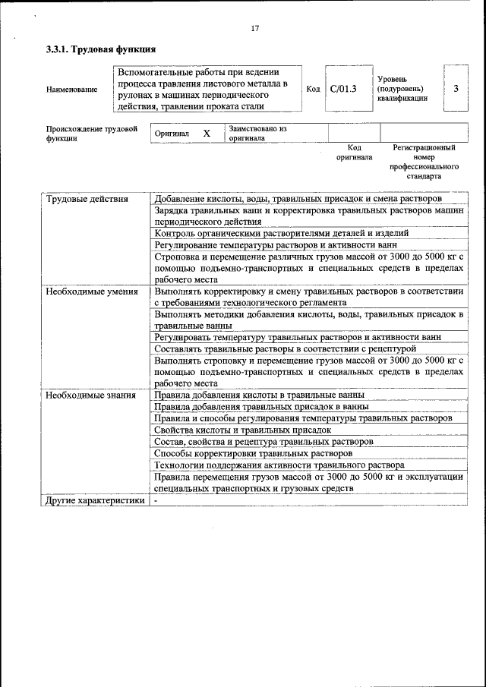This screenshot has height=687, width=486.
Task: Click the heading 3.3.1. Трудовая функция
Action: click(x=101, y=49)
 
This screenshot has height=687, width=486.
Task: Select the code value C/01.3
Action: click(x=343, y=89)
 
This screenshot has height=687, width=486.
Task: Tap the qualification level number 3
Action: click(x=456, y=89)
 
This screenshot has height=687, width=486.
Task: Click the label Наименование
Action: click(x=71, y=90)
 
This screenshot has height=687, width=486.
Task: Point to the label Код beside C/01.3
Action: click(x=312, y=89)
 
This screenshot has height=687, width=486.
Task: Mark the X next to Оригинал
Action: click(x=206, y=133)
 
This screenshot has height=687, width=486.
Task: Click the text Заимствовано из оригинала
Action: click(x=257, y=134)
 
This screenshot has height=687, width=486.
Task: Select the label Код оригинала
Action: click(x=354, y=153)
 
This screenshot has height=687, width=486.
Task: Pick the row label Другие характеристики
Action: click(x=94, y=501)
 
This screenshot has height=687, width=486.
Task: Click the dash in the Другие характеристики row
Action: click(x=156, y=501)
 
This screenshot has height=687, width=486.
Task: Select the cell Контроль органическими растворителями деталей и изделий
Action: click(x=281, y=233)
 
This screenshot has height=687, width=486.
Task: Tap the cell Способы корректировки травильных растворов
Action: click(x=253, y=453)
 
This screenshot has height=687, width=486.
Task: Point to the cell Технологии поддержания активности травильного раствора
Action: click(x=279, y=465)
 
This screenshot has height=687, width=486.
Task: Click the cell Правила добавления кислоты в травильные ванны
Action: click(x=259, y=395)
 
